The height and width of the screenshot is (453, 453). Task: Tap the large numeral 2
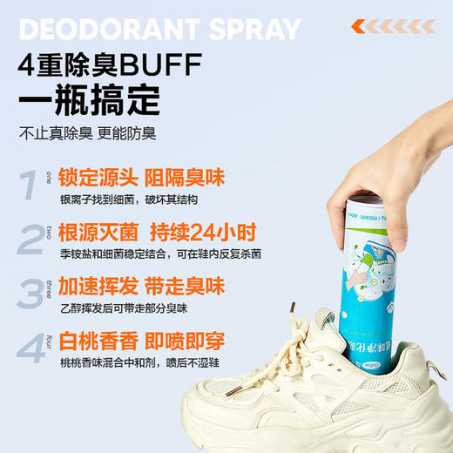30,237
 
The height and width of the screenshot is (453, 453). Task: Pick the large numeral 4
31,347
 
